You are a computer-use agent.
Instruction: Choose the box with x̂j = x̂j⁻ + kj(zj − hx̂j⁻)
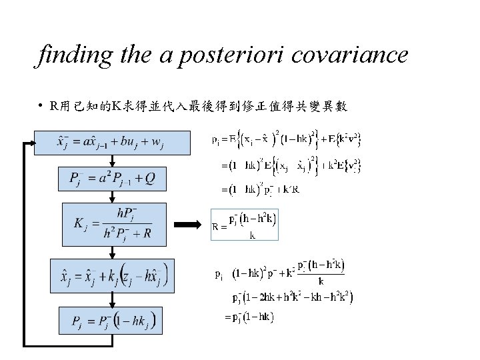pyautogui.click(x=112, y=275)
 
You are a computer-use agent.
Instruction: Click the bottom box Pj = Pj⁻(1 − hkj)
pyautogui.click(x=113, y=322)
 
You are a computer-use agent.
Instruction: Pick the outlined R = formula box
pyautogui.click(x=244, y=225)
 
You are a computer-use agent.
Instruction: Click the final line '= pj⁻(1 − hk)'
pyautogui.click(x=251, y=317)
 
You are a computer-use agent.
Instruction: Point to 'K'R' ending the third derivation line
pyautogui.click(x=291, y=190)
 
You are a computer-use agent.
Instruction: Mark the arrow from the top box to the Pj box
pyautogui.click(x=113, y=160)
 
